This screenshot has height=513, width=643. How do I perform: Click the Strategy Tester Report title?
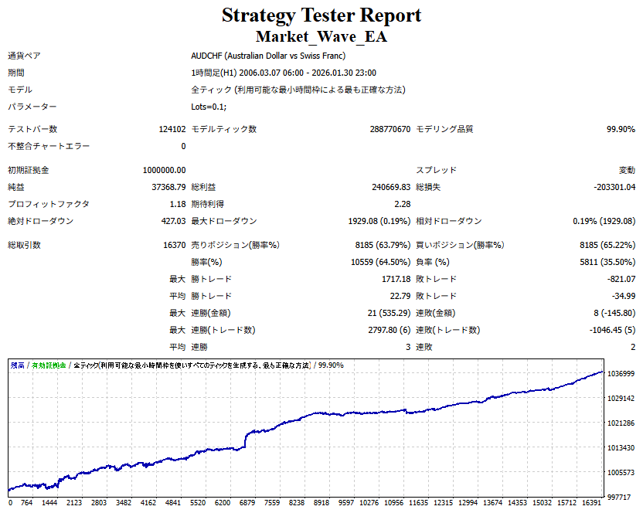pos(321,15)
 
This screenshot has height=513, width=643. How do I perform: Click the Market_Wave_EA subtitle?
pos(321,36)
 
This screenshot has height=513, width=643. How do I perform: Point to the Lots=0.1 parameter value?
pos(209,107)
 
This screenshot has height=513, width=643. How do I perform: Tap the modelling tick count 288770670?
pos(390,129)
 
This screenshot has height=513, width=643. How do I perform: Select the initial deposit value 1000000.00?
pos(164,170)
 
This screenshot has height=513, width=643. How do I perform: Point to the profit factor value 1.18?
pos(177,204)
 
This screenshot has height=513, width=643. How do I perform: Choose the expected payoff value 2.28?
pos(402,204)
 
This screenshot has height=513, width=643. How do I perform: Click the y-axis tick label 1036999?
pos(621,373)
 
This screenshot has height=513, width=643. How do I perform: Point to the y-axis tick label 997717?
pos(621,498)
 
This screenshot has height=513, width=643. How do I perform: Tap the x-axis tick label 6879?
pos(248,502)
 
